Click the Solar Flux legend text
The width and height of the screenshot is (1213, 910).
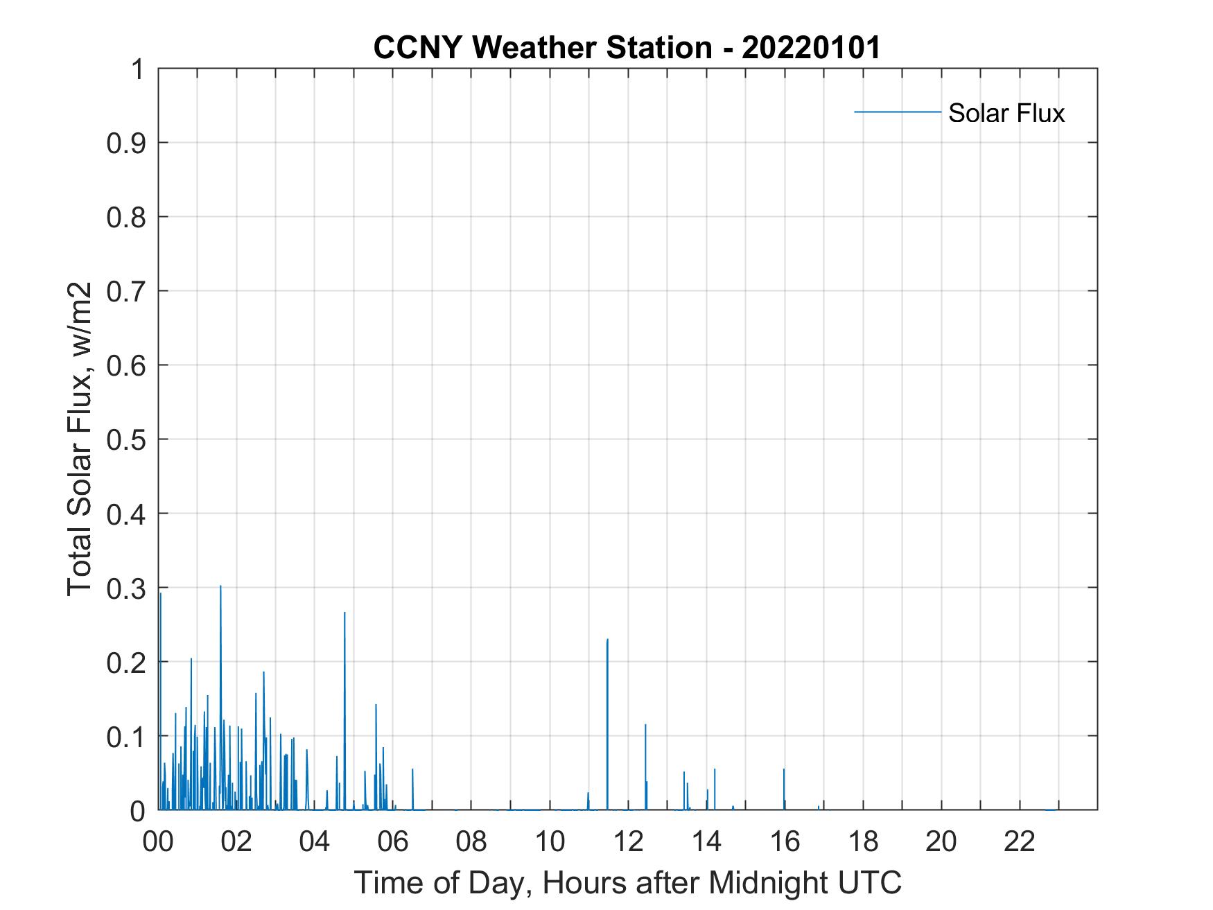[1006, 113]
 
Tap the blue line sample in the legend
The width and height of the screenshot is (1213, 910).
[897, 112]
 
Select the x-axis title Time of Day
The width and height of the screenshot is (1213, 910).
[627, 882]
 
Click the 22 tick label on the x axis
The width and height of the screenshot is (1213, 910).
[1020, 841]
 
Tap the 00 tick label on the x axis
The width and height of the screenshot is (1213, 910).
[158, 841]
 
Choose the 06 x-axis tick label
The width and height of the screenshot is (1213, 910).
[393, 841]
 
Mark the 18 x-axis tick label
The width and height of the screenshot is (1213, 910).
[863, 841]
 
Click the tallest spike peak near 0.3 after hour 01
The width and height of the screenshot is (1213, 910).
[220, 586]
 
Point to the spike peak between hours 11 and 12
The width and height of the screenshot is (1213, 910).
[607, 640]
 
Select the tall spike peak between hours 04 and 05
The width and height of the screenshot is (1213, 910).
[344, 613]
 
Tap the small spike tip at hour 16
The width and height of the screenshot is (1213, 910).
[784, 769]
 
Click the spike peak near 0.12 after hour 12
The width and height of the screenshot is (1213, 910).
[645, 725]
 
